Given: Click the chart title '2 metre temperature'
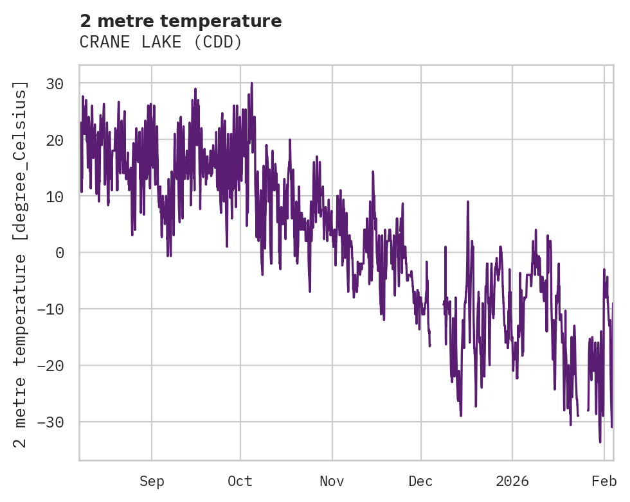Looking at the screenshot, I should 181,21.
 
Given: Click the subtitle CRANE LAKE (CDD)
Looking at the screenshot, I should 161,42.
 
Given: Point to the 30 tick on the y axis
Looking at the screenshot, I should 55,83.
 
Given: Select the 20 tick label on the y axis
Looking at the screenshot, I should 55,140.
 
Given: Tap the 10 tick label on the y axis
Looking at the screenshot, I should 55,196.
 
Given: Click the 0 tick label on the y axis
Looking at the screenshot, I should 60,253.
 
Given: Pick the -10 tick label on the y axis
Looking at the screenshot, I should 51,309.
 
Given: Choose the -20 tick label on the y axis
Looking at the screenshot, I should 51,366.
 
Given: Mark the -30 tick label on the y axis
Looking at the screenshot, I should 51,422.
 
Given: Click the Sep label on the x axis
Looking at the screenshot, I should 152,481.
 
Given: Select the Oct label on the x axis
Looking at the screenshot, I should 240,481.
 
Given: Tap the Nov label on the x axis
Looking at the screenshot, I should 332,481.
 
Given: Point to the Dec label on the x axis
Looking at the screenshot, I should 421,481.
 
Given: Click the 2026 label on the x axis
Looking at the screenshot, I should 512,481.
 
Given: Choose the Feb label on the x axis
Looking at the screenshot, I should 604,481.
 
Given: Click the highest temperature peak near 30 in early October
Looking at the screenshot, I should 251,83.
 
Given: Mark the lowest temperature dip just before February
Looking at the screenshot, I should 600,441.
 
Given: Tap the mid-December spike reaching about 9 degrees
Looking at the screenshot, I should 468,202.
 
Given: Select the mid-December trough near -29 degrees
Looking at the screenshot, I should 461,415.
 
